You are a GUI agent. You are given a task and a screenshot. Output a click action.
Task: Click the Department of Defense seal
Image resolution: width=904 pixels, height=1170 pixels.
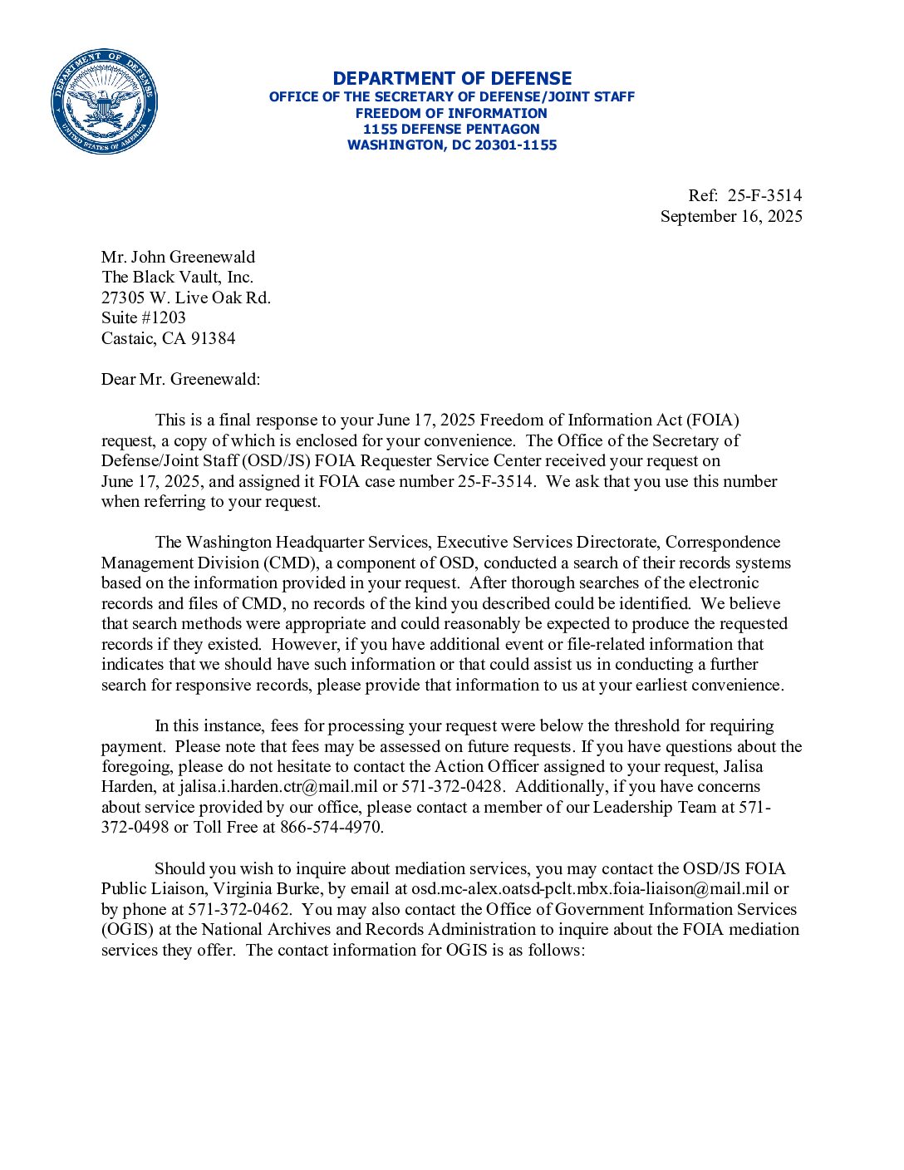(104, 101)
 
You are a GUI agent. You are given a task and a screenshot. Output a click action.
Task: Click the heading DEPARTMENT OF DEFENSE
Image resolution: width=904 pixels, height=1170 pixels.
(452, 79)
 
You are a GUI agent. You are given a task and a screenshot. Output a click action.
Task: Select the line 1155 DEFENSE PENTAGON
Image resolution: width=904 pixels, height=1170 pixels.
(451, 129)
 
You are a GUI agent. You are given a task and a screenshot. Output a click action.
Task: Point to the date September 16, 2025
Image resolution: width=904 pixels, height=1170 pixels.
(731, 216)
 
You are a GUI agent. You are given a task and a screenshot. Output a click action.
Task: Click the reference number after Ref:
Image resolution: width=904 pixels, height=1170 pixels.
(764, 195)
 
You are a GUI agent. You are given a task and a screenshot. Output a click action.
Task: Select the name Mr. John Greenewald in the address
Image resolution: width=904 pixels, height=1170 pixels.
(178, 257)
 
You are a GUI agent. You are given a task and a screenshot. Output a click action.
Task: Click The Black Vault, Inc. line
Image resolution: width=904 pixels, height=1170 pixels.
(177, 277)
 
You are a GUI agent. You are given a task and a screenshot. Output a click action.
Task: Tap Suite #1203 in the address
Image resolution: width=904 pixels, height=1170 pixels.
(143, 317)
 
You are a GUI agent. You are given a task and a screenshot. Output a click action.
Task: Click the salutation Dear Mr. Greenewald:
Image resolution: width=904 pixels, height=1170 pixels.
(180, 379)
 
